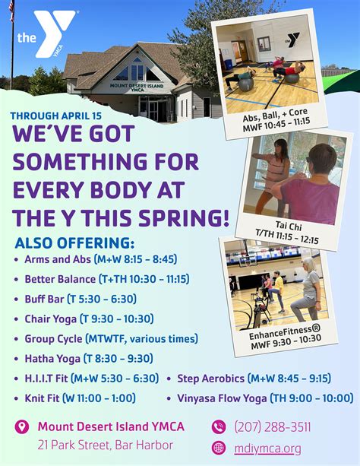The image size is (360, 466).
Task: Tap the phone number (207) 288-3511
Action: pos(273,426)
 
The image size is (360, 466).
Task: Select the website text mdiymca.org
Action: pos(268,448)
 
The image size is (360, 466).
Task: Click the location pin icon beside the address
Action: pos(21,426)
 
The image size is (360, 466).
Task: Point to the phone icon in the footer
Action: pos(219,426)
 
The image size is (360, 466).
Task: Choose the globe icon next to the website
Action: pos(219,448)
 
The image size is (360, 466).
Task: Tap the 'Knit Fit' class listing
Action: pos(80,398)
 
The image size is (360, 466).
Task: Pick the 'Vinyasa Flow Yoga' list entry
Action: pos(260,398)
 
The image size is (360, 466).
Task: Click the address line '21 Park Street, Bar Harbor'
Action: pos(106,445)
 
